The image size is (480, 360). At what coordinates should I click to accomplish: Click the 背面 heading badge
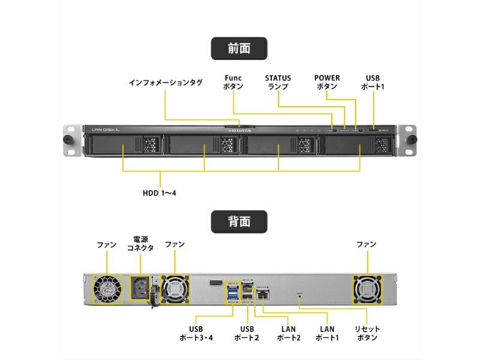tap(239, 221)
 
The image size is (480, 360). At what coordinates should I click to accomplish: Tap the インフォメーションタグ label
tap(166, 82)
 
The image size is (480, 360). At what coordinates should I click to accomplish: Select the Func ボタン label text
tap(233, 82)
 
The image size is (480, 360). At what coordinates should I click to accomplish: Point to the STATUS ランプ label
tap(278, 82)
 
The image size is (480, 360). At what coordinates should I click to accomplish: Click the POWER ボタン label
tap(327, 82)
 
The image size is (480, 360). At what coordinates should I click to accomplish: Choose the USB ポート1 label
tap(373, 82)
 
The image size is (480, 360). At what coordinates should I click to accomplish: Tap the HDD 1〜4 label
tap(159, 193)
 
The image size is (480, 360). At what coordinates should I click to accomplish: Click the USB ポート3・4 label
tap(196, 334)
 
